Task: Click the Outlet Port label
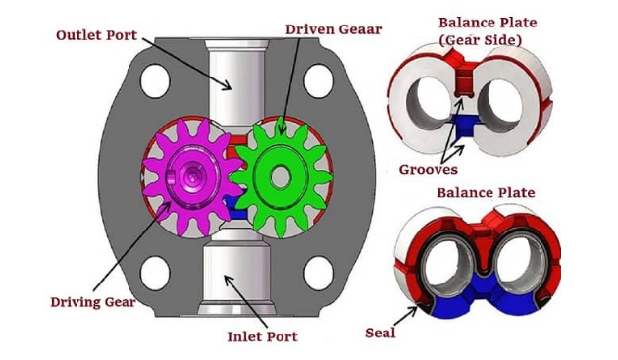(96, 35)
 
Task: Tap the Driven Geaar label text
(334, 29)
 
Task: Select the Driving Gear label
(93, 302)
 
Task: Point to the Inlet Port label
(263, 336)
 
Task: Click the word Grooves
(429, 170)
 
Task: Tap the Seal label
(381, 333)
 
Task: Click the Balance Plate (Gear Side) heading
(488, 31)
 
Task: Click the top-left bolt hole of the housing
(155, 80)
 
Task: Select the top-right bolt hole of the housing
(319, 80)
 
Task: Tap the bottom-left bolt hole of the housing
(155, 274)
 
